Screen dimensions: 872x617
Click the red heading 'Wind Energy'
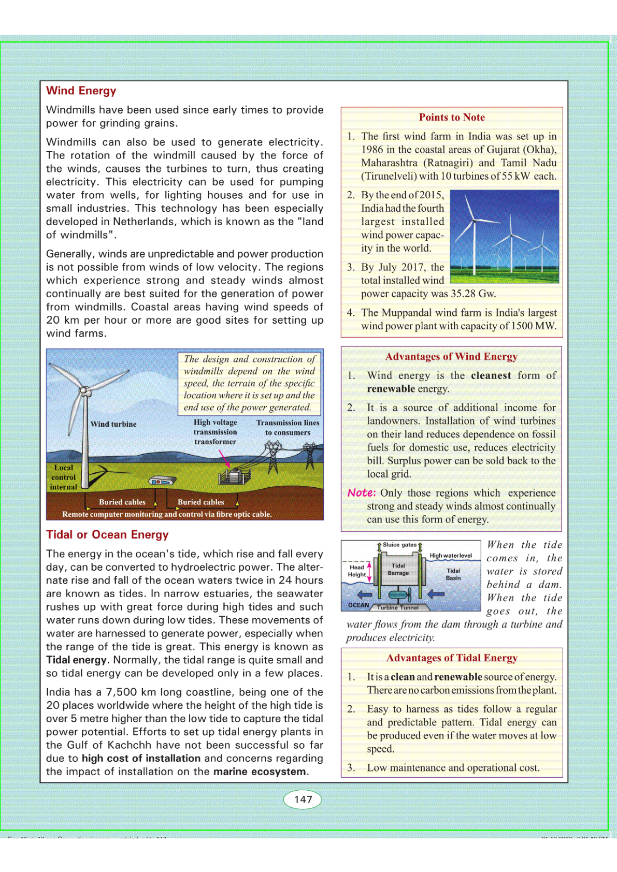(x=81, y=91)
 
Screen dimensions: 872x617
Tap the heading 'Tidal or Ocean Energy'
(x=107, y=535)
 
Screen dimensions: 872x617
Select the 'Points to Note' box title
(x=452, y=118)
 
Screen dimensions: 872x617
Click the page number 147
(x=303, y=799)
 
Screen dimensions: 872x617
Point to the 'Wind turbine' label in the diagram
(x=113, y=424)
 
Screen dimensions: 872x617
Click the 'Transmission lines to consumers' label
(x=288, y=428)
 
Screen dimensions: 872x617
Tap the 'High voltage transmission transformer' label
(x=216, y=432)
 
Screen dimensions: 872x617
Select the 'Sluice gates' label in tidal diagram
(x=399, y=545)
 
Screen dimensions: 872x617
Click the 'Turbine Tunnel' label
(x=398, y=607)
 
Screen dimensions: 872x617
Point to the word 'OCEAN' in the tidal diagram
(x=358, y=605)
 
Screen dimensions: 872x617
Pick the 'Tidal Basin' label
(x=453, y=574)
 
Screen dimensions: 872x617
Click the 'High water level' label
(x=451, y=556)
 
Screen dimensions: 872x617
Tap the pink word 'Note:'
(x=362, y=493)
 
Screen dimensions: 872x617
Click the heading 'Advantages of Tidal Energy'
(x=452, y=658)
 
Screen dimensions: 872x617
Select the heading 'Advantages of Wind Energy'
(x=451, y=357)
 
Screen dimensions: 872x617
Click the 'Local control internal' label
(x=64, y=477)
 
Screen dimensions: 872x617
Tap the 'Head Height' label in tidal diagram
(x=356, y=571)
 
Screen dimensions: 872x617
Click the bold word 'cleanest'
(x=491, y=375)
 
